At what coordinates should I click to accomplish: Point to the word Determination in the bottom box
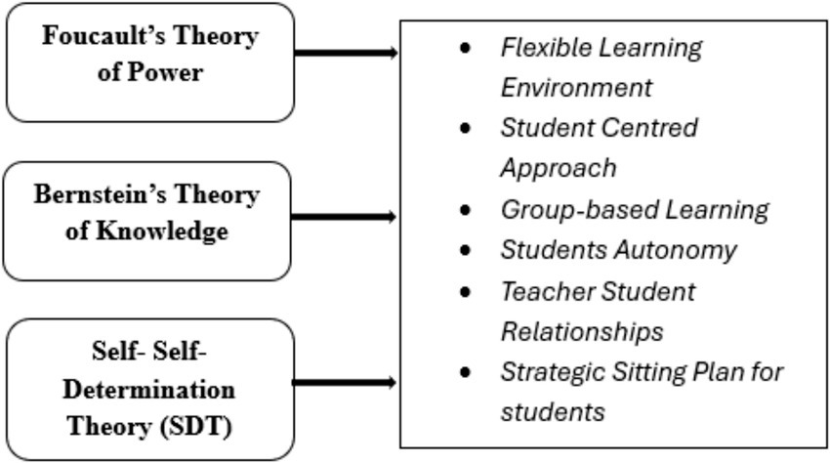[149, 391]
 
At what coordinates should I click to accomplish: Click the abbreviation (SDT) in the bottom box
[203, 426]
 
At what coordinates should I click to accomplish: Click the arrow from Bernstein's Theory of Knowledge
[347, 215]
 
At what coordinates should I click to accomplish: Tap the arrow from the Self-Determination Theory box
[347, 382]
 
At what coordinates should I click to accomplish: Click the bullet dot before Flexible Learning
[467, 47]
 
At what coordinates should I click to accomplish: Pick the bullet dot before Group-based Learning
[467, 209]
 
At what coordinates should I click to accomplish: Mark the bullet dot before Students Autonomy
[467, 249]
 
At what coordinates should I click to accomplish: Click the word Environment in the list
[575, 88]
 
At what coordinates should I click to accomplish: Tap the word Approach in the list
[558, 168]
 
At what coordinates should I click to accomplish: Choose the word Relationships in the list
[581, 331]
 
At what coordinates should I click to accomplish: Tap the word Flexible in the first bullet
[540, 47]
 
